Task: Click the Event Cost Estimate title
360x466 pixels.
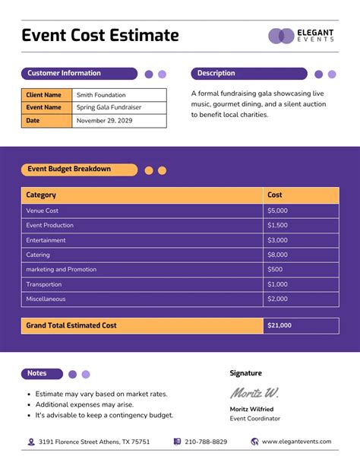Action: [x=100, y=36]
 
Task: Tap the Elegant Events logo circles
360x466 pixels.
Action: [x=281, y=36]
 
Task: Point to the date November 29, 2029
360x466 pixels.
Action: [x=105, y=121]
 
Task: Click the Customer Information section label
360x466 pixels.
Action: [x=65, y=74]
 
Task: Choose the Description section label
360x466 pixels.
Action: [x=216, y=74]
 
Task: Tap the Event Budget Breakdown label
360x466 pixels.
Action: [x=69, y=170]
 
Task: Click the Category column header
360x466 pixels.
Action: [x=41, y=195]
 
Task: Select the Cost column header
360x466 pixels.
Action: [x=275, y=195]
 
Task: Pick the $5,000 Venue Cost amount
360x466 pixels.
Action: [x=277, y=211]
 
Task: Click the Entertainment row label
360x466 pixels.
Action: [x=46, y=240]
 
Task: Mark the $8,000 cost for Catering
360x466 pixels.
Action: [x=277, y=255]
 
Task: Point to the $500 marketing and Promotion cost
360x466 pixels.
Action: [x=275, y=269]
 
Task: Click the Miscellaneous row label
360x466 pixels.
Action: [x=46, y=299]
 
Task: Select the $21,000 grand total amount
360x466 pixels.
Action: [x=279, y=325]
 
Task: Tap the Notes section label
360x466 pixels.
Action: [x=37, y=374]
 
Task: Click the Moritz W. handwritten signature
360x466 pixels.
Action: [x=254, y=393]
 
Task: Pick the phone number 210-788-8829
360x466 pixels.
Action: [x=205, y=442]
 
